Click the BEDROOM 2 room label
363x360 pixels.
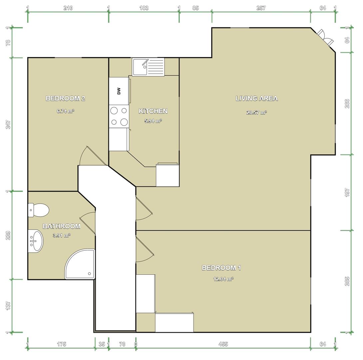point(66,98)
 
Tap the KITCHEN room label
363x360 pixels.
point(153,111)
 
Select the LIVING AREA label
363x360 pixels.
point(256,98)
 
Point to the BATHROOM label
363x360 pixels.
point(62,226)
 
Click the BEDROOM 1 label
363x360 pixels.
point(221,268)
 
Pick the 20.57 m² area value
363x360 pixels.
point(256,113)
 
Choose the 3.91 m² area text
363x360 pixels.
point(62,235)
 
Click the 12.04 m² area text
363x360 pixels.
point(223,279)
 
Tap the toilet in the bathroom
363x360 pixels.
point(38,210)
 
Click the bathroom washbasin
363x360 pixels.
point(36,241)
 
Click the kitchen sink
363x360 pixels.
point(148,67)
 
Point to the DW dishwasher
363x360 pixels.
point(119,91)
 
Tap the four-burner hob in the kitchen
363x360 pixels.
point(119,116)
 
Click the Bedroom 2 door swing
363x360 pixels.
point(93,156)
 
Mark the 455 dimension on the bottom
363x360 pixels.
point(223,344)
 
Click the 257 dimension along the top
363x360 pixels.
point(261,8)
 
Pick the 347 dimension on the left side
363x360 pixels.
point(8,124)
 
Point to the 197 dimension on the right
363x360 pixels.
point(347,193)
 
